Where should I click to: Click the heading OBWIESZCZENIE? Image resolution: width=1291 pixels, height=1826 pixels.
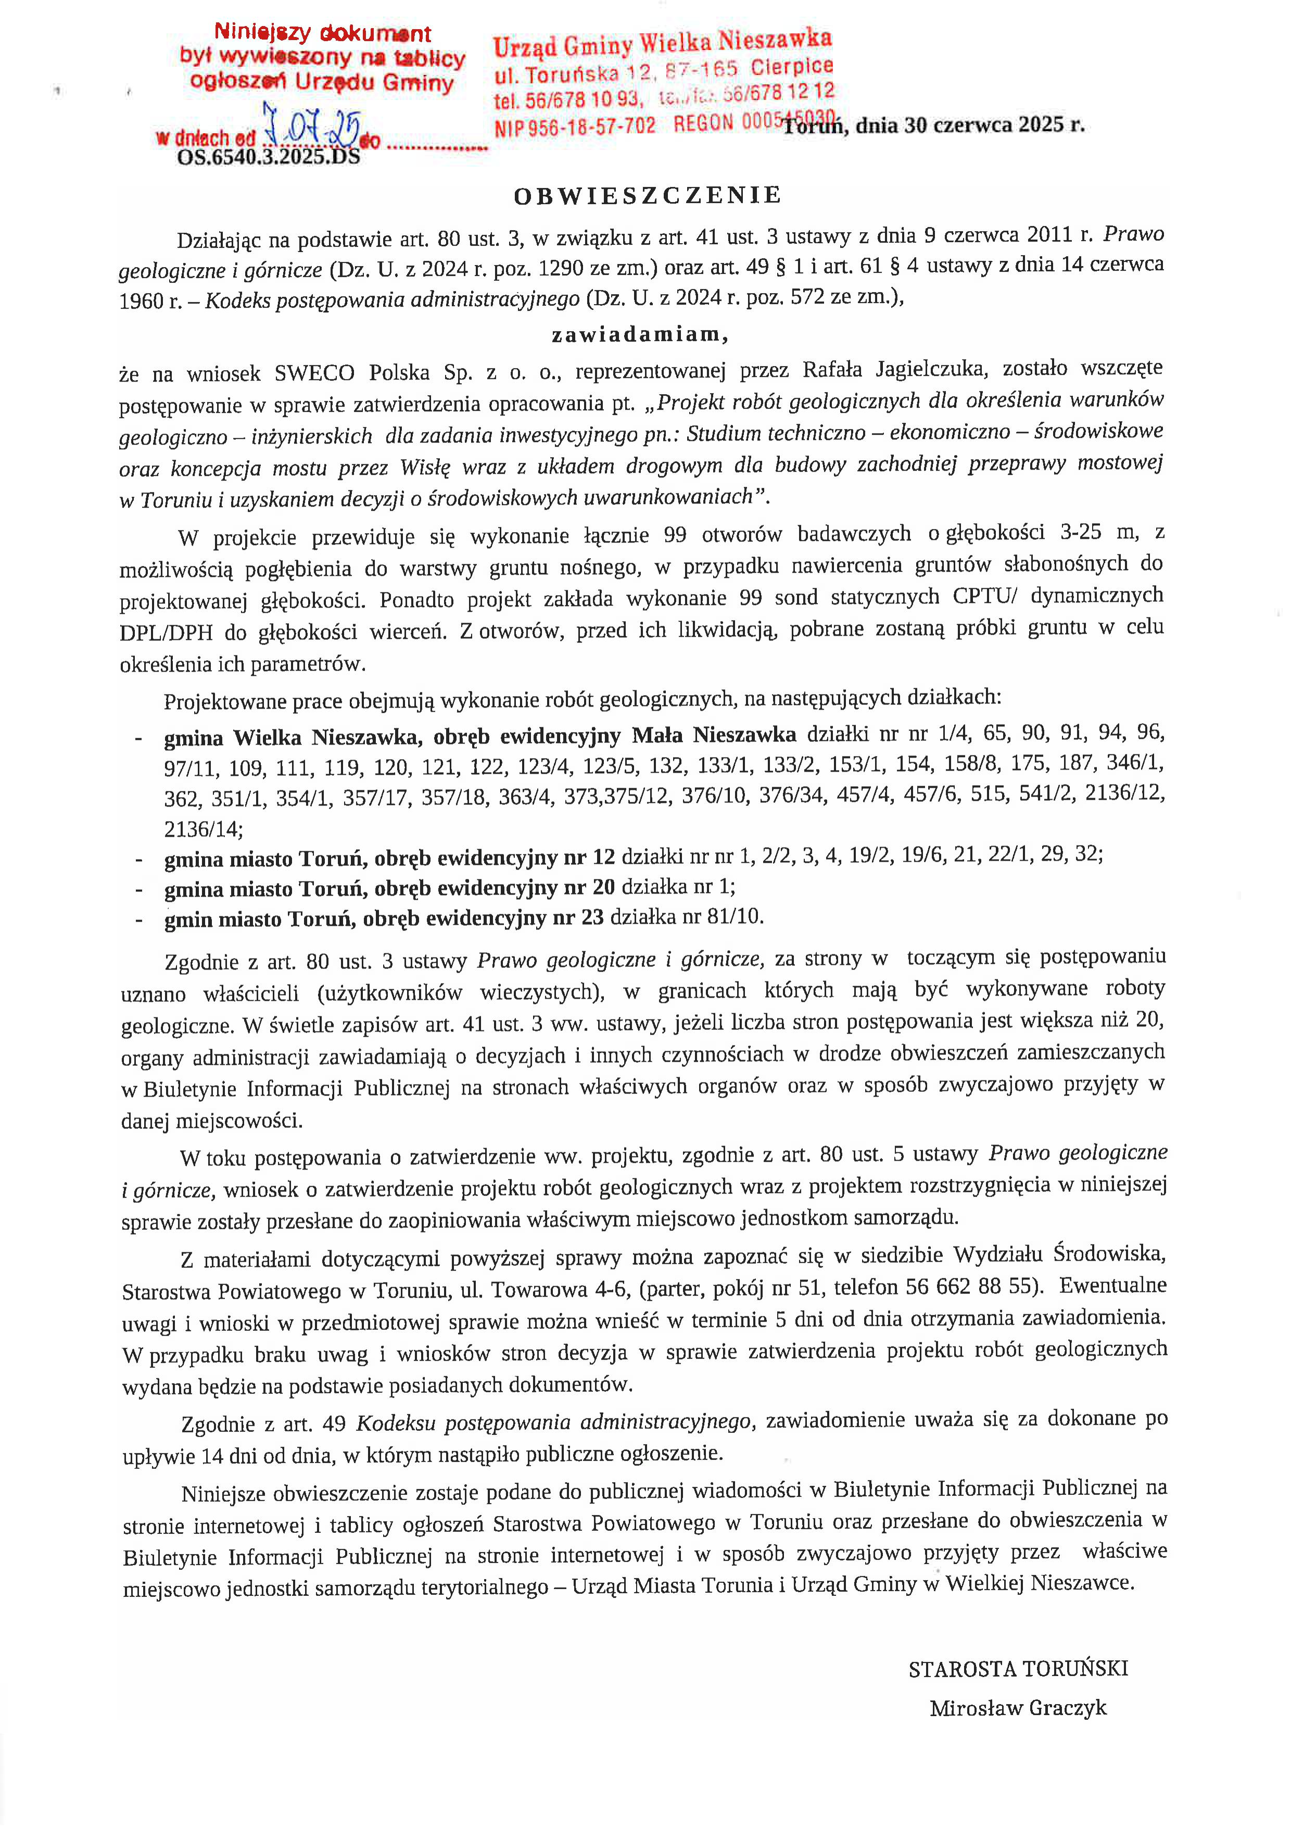coord(648,196)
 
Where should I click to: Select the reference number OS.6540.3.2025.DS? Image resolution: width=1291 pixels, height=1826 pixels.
coord(269,157)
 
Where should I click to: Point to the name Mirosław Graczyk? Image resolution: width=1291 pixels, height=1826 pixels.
coord(1018,1707)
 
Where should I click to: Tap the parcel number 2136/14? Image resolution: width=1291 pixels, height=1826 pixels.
coord(202,829)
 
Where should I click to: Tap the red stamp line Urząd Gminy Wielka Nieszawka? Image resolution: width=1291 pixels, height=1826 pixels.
coord(662,43)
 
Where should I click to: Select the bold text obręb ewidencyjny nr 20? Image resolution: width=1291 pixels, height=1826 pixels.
coord(495,888)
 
